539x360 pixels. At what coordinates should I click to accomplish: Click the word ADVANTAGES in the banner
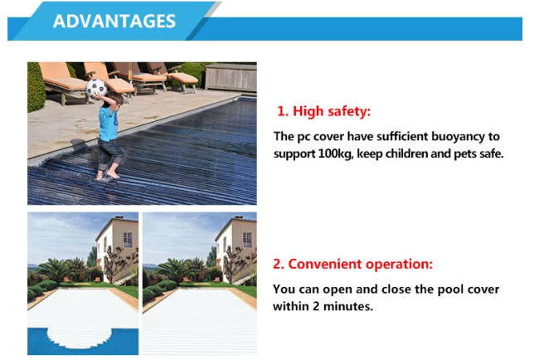(114, 22)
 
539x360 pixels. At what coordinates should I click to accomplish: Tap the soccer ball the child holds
(96, 87)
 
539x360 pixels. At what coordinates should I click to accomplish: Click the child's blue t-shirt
(108, 123)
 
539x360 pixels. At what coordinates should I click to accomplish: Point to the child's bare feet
(108, 175)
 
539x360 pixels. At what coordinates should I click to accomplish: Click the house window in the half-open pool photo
(128, 239)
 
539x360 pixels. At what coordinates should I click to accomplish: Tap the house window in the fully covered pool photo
(247, 240)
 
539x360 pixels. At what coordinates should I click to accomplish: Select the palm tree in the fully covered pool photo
(175, 270)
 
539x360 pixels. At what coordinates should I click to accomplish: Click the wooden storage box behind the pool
(231, 78)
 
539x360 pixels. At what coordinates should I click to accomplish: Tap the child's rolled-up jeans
(110, 154)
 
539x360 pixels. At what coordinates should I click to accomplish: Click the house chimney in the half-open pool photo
(119, 217)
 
